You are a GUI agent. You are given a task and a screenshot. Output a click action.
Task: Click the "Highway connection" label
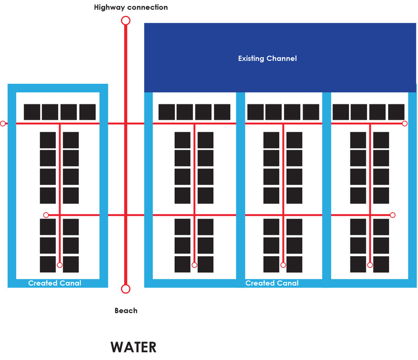click(131, 8)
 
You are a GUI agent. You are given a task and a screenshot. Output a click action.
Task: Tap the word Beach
click(126, 311)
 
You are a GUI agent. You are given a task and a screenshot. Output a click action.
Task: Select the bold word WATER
click(133, 347)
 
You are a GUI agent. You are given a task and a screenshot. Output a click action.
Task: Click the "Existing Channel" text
click(267, 58)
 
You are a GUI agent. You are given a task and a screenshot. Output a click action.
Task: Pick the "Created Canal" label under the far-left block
click(54, 283)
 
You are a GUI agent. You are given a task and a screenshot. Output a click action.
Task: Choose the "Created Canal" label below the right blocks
click(272, 283)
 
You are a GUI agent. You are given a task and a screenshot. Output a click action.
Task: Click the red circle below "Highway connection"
click(126, 21)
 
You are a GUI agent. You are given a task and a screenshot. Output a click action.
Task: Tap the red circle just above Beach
click(126, 289)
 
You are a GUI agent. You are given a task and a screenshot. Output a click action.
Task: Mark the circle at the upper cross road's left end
click(3, 124)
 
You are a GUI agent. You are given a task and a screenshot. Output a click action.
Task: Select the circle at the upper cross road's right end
click(404, 124)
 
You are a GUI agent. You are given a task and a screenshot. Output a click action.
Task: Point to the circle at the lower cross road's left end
click(46, 215)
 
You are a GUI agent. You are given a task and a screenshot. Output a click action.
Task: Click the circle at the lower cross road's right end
click(392, 215)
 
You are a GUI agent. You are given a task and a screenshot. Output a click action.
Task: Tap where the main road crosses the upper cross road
click(126, 124)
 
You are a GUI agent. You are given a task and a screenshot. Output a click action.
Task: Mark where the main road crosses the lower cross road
click(126, 215)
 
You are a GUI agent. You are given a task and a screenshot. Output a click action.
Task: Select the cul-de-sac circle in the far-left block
click(60, 265)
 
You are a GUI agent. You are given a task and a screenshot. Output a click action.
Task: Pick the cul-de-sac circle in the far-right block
click(370, 265)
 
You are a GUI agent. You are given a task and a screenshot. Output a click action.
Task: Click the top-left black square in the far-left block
click(32, 112)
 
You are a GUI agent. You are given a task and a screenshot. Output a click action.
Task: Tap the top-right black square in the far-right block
click(396, 112)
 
